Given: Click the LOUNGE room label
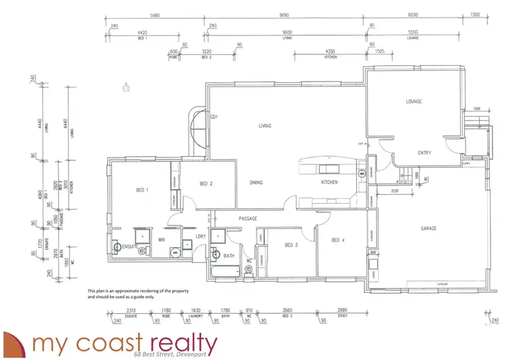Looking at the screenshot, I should (x=413, y=102).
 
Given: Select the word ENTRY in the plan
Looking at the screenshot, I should (x=424, y=153).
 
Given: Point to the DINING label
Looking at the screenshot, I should (x=255, y=183).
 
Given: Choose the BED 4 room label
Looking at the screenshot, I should (x=339, y=240).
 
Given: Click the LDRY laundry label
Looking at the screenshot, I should (x=200, y=236).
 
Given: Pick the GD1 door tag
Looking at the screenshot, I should (x=214, y=117).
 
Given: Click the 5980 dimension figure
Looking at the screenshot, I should (x=155, y=15).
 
